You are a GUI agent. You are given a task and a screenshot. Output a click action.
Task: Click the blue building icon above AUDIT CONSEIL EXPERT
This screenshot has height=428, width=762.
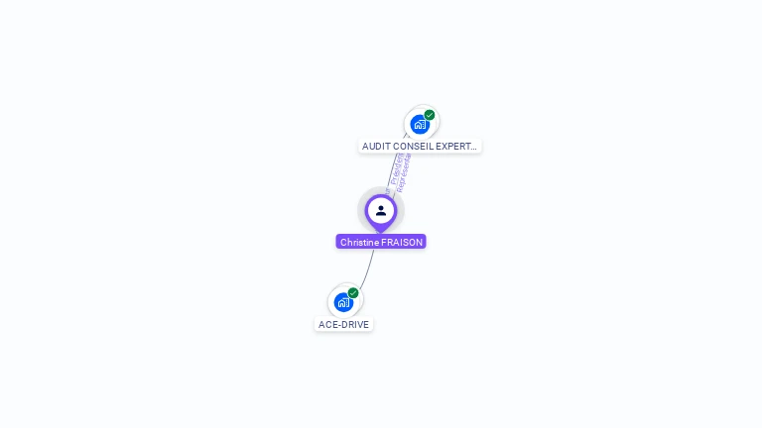(420, 125)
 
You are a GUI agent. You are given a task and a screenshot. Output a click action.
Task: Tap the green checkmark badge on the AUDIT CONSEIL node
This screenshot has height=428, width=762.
(430, 115)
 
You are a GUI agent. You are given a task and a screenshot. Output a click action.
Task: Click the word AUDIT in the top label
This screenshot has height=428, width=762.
(375, 147)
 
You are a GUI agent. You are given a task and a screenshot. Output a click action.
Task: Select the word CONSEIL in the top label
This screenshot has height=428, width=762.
(409, 147)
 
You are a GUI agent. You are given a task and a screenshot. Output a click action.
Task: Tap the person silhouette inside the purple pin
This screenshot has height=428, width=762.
(381, 210)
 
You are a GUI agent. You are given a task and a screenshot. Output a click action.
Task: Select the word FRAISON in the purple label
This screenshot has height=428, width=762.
(403, 242)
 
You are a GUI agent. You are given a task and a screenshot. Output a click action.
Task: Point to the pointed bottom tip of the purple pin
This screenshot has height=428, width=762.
(381, 232)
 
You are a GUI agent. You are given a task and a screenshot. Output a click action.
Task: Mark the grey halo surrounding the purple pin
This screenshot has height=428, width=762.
(363, 198)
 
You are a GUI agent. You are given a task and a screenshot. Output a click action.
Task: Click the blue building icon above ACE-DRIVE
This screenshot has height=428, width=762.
(343, 302)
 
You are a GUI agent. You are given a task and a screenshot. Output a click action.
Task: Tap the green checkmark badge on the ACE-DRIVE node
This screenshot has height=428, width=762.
(353, 293)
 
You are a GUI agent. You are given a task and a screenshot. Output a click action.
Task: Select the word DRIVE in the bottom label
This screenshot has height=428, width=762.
(355, 325)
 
